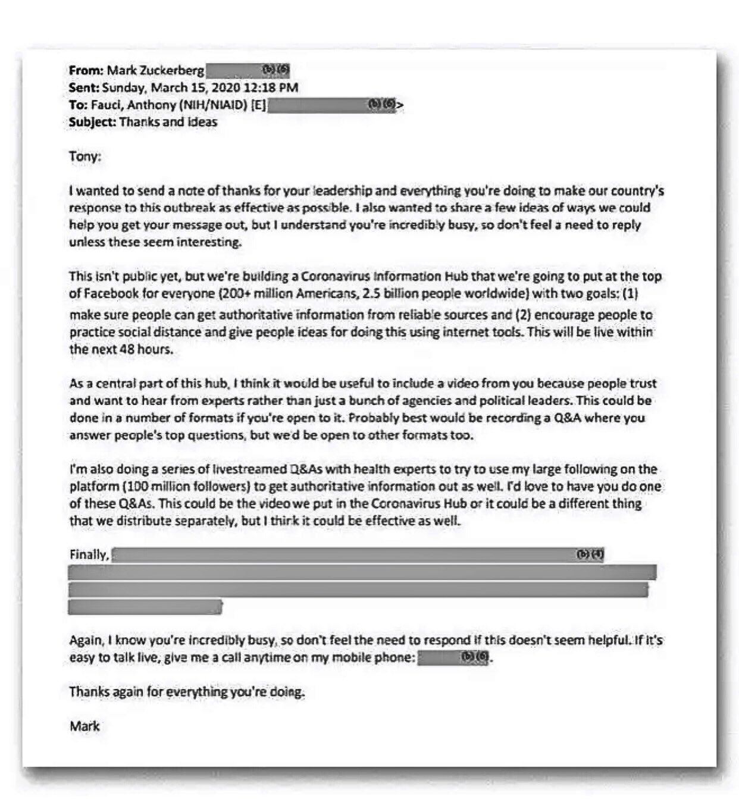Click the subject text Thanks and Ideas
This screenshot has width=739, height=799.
pyautogui.click(x=168, y=123)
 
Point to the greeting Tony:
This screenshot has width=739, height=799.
pyautogui.click(x=85, y=157)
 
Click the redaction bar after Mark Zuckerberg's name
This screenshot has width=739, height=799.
pyautogui.click(x=248, y=71)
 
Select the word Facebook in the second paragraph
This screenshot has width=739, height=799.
pyautogui.click(x=110, y=293)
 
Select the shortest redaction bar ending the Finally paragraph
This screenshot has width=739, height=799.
pyautogui.click(x=145, y=607)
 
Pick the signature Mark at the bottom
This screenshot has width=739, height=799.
pyautogui.click(x=84, y=726)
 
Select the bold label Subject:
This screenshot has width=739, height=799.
pyautogui.click(x=92, y=123)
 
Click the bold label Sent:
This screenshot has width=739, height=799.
pyautogui.click(x=84, y=88)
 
